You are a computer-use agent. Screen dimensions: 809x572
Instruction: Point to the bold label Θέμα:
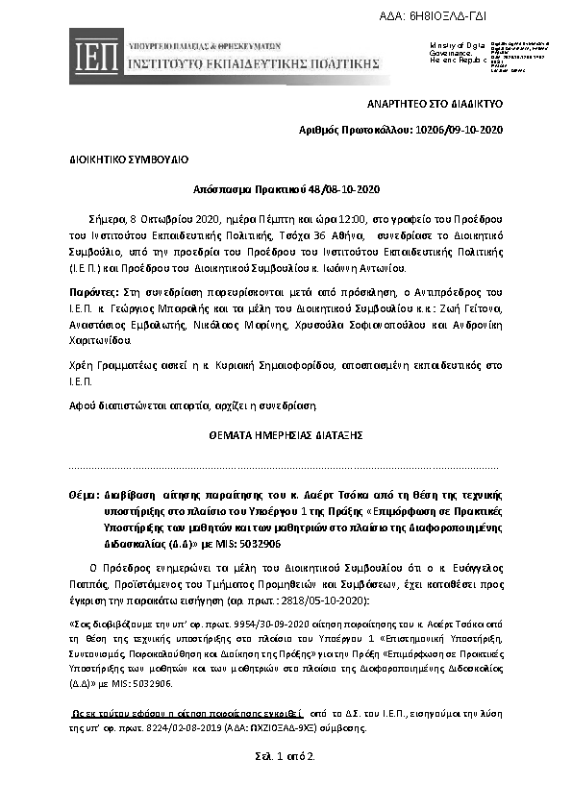(x=84, y=493)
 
